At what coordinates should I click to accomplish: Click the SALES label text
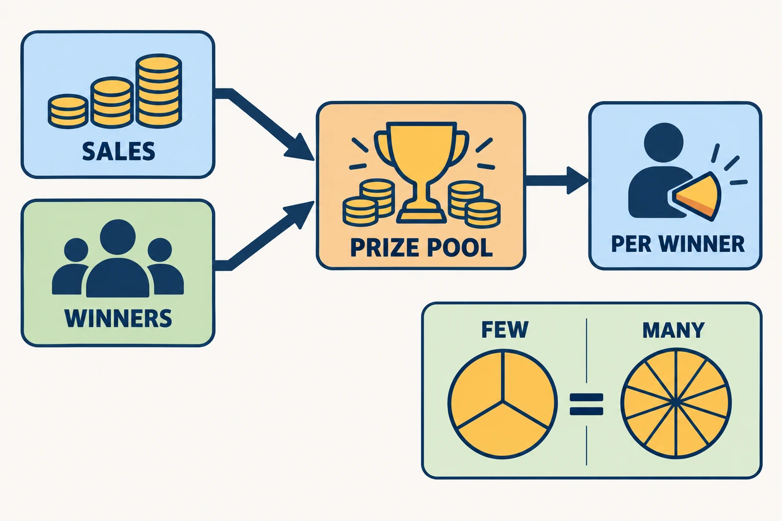click(x=119, y=151)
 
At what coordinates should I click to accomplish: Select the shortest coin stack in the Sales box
click(x=68, y=111)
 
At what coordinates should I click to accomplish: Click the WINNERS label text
click(x=118, y=318)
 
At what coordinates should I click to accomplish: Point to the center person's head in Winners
click(x=118, y=237)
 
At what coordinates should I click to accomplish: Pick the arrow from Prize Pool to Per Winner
click(x=557, y=181)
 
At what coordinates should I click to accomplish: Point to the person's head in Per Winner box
click(x=663, y=142)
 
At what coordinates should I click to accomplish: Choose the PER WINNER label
click(x=678, y=244)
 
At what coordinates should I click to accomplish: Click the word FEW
click(x=505, y=330)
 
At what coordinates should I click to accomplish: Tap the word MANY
click(x=674, y=330)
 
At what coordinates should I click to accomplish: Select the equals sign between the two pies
click(x=586, y=404)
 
